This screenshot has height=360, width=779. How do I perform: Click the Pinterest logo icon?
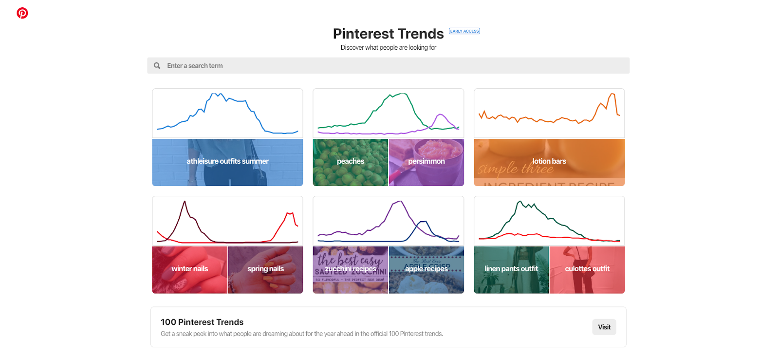(22, 13)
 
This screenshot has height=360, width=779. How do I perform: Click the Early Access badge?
(464, 31)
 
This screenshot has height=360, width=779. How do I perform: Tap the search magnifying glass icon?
(157, 66)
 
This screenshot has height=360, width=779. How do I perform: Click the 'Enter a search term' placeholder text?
(195, 66)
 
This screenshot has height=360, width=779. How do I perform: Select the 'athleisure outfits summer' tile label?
(227, 161)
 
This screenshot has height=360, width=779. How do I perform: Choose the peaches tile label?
(351, 161)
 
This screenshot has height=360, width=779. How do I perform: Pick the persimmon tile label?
(427, 161)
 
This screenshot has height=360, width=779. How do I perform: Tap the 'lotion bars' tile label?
(549, 161)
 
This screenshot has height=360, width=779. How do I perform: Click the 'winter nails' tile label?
(190, 269)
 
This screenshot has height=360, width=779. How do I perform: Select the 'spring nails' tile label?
(265, 269)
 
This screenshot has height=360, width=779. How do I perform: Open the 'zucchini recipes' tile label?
(351, 269)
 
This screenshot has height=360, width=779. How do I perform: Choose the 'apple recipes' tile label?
(427, 269)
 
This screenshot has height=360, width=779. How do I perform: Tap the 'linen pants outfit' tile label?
(511, 269)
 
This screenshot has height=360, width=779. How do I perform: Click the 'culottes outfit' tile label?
(587, 269)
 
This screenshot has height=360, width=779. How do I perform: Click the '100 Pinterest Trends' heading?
(202, 322)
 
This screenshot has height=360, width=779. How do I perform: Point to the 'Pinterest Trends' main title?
(388, 34)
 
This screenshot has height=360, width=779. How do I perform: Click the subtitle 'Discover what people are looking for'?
(388, 47)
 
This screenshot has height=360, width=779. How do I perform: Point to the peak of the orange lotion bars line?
(613, 94)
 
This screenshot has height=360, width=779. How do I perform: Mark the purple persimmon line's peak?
(441, 114)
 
